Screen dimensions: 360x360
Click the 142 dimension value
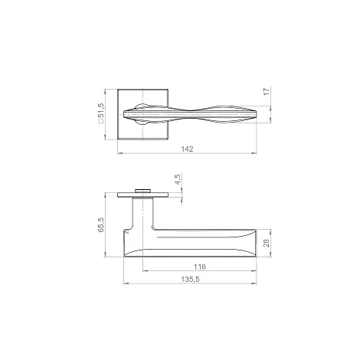(x=187, y=149)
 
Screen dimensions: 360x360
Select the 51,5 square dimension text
(x=101, y=111)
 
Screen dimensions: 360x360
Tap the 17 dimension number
(x=267, y=91)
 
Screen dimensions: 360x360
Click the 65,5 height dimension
(x=101, y=224)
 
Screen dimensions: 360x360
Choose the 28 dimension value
(x=267, y=243)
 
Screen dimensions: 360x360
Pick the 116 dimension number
(x=199, y=267)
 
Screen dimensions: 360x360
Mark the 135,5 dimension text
(x=190, y=280)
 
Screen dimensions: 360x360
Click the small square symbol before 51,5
(x=101, y=122)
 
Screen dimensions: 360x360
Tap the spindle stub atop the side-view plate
(x=142, y=191)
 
